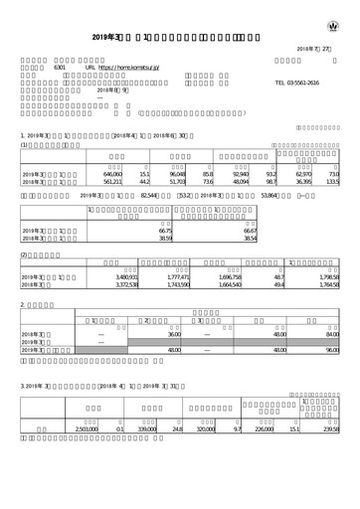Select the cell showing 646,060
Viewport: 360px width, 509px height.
click(118, 175)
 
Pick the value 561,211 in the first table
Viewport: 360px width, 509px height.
click(118, 182)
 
